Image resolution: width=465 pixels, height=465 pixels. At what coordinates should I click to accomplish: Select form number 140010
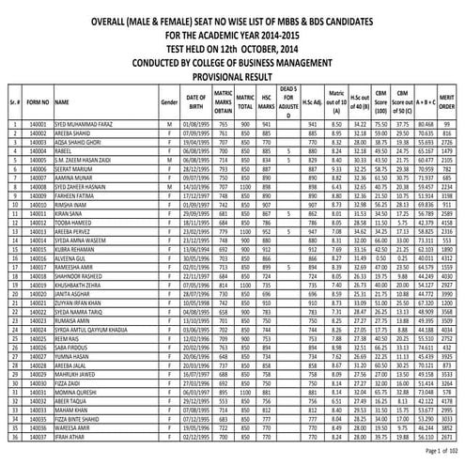pos(39,205)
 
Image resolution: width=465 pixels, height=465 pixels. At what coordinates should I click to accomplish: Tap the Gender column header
pos(169,99)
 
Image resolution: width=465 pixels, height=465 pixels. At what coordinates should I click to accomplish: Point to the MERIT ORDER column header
pos(449,99)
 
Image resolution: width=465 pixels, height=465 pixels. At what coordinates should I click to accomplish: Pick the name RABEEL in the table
pos(65,151)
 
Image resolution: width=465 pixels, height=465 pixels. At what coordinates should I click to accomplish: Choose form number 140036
pos(39,428)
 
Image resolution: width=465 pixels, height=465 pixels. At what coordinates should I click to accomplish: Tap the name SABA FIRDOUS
pos(74,349)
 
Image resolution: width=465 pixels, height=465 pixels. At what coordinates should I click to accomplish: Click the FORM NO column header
pos(39,99)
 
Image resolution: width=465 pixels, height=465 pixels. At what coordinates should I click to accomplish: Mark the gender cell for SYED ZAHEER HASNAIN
pos(169,187)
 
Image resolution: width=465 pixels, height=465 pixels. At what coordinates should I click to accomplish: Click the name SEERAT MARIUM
pos(75,169)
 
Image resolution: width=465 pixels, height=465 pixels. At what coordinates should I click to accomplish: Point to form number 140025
pos(39,331)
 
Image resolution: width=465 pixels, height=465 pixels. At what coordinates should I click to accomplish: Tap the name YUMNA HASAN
pos(72,357)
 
